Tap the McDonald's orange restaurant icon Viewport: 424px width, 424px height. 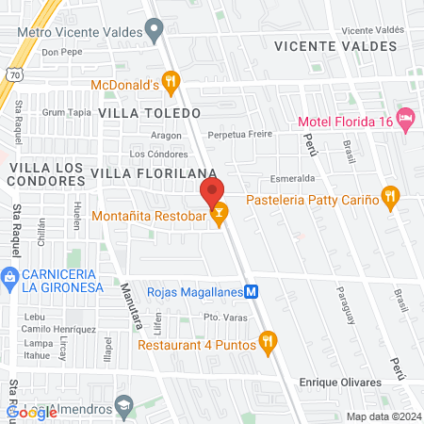click(x=170, y=83)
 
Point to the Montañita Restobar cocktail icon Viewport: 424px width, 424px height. click(x=219, y=216)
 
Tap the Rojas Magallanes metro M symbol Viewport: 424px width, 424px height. click(x=252, y=291)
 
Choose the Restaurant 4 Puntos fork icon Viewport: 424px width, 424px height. click(x=268, y=343)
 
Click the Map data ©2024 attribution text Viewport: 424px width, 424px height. click(x=383, y=416)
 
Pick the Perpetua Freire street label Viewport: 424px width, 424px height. click(x=240, y=134)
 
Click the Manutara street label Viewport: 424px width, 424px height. click(x=130, y=307)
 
